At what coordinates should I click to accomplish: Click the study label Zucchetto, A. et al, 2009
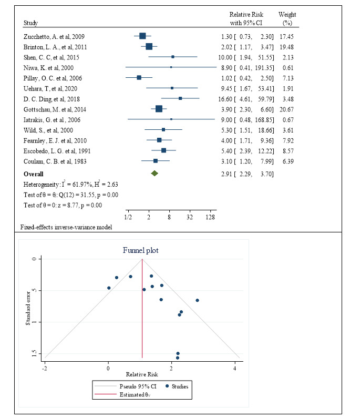(x=54, y=37)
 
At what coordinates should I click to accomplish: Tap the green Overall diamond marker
(x=154, y=173)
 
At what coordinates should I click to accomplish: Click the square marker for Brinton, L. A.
(x=149, y=47)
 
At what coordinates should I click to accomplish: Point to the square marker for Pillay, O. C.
(x=139, y=78)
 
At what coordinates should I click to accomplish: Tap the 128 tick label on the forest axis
(x=211, y=217)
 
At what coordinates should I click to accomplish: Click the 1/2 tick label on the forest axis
(x=128, y=217)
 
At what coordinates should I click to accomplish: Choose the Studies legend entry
(x=178, y=386)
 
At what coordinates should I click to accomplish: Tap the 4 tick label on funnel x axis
(x=234, y=367)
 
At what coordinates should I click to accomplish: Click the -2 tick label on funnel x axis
(x=45, y=367)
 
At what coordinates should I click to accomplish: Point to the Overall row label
(x=33, y=174)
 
